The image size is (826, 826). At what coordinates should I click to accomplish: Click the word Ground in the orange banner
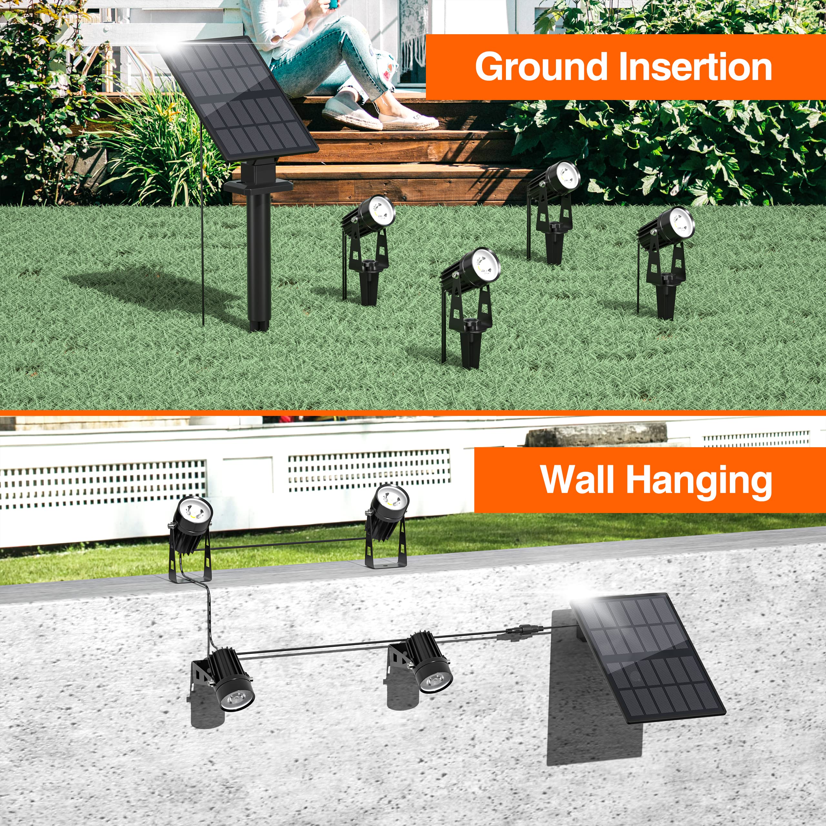click(540, 67)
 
